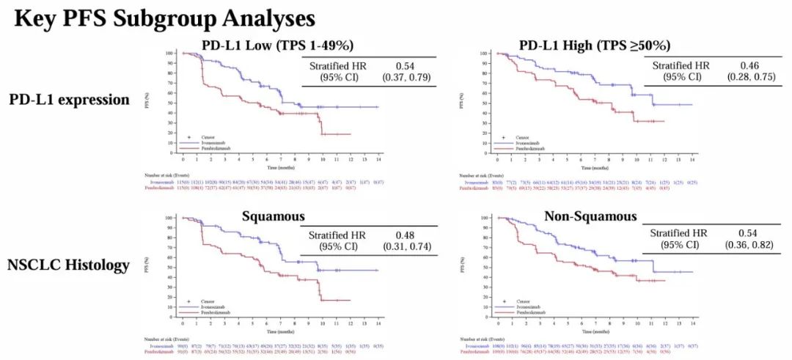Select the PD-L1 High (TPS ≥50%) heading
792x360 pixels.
point(594,45)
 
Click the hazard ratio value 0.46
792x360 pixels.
point(717,64)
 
